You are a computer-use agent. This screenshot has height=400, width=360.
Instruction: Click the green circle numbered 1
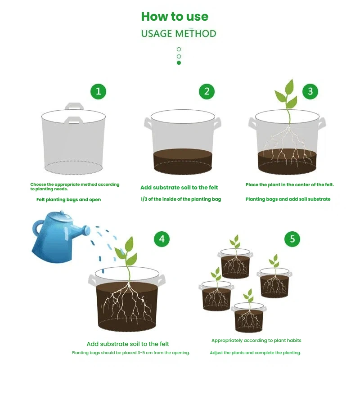click(x=98, y=91)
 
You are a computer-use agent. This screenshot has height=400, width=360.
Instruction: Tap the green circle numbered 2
click(x=207, y=91)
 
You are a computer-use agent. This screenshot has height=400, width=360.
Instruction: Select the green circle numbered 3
click(x=310, y=91)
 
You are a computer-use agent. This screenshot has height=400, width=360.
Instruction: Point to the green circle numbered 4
click(x=162, y=239)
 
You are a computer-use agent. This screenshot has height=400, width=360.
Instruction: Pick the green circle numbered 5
click(x=292, y=239)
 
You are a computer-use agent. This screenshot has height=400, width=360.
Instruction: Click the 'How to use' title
click(x=175, y=17)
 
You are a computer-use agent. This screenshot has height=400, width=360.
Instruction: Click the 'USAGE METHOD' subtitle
click(x=179, y=33)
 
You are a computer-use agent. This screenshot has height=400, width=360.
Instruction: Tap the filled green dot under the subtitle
click(x=179, y=63)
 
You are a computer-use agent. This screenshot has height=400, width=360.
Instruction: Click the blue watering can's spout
click(x=81, y=230)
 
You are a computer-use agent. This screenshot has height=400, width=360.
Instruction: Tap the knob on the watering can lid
click(x=62, y=212)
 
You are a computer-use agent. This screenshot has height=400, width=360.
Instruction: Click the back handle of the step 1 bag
click(x=74, y=106)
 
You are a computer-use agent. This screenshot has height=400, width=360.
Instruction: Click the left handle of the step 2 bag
click(x=148, y=124)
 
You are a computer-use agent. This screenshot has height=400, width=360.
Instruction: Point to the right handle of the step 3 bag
click(x=321, y=124)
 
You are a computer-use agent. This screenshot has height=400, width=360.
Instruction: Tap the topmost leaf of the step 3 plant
click(x=290, y=87)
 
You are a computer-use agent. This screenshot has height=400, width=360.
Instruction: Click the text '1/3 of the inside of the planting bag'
click(x=180, y=199)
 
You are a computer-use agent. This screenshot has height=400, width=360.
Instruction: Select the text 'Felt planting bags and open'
click(x=68, y=200)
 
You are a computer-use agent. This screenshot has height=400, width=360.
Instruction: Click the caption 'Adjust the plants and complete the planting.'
click(x=256, y=353)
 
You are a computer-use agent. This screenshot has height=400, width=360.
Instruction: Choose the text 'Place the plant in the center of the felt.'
click(x=290, y=184)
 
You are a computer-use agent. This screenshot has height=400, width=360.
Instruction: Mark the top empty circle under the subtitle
click(x=179, y=49)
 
